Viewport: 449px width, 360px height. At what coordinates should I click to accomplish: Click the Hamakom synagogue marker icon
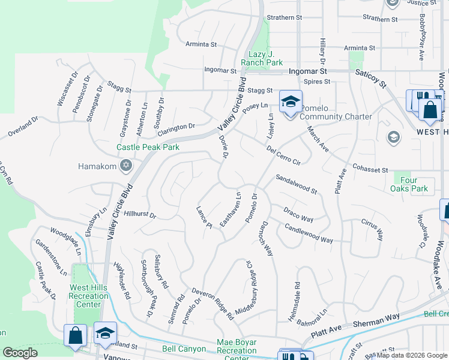125,165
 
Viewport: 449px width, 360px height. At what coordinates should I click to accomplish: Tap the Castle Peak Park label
148,147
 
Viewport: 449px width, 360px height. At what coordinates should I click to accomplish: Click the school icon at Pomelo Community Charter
291,103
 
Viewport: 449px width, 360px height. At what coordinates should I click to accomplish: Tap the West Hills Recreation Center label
88,296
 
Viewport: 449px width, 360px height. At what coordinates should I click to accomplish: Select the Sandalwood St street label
296,184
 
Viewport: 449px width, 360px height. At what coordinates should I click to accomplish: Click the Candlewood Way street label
309,233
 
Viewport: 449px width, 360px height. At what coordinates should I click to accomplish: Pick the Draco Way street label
298,214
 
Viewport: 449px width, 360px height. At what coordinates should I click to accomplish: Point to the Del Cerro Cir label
283,154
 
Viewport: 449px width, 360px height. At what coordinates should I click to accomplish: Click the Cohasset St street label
371,170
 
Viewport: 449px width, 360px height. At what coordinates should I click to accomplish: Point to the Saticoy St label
372,78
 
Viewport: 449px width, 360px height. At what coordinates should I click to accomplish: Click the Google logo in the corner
20,353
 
